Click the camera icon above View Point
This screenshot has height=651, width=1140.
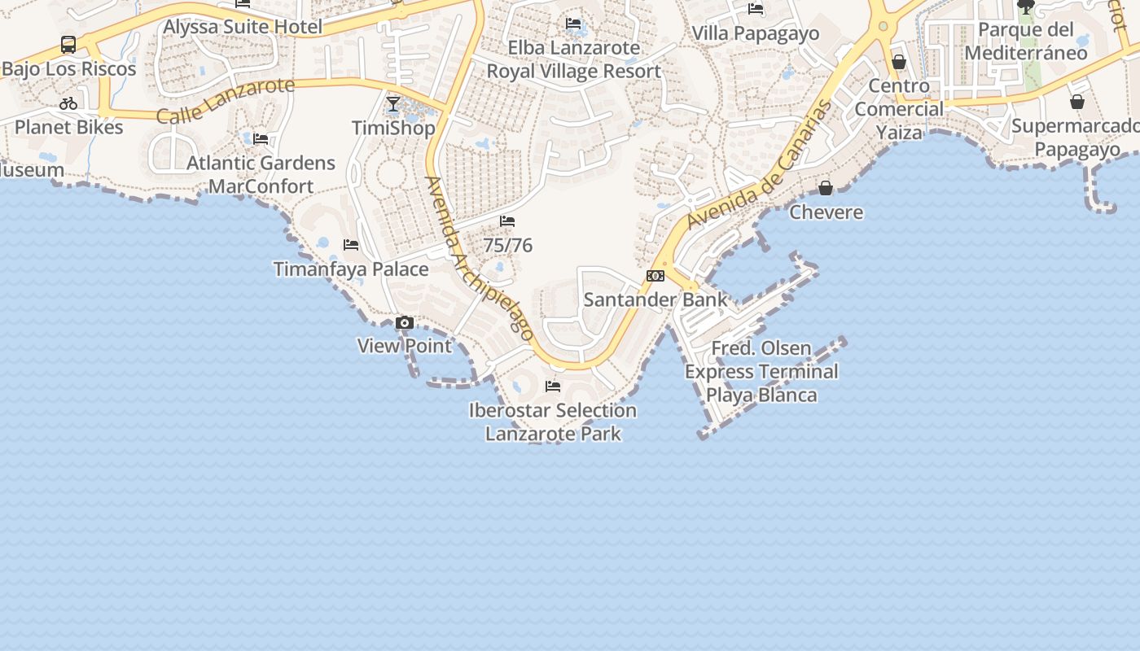pyautogui.click(x=404, y=323)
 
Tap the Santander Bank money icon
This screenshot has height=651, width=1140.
pyautogui.click(x=655, y=276)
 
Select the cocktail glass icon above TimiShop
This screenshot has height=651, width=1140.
pyautogui.click(x=393, y=104)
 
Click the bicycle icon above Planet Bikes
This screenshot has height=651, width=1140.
pyautogui.click(x=68, y=103)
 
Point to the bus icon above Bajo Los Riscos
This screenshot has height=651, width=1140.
pyautogui.click(x=68, y=45)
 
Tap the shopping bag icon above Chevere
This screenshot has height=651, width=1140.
pyautogui.click(x=826, y=189)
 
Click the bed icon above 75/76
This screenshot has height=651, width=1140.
pyautogui.click(x=507, y=221)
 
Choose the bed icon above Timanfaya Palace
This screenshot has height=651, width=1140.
pyautogui.click(x=351, y=245)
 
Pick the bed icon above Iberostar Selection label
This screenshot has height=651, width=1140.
pyautogui.click(x=553, y=387)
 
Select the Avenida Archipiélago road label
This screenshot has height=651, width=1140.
pyautogui.click(x=480, y=258)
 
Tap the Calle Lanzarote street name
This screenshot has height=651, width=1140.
pyautogui.click(x=225, y=100)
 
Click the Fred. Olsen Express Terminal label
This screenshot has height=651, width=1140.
pyautogui.click(x=761, y=372)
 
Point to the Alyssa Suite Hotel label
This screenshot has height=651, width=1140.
pyautogui.click(x=243, y=27)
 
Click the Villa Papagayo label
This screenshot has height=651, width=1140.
pyautogui.click(x=755, y=33)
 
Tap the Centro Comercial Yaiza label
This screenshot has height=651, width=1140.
pyautogui.click(x=899, y=109)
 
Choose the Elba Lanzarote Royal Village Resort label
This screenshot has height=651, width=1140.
pyautogui.click(x=574, y=59)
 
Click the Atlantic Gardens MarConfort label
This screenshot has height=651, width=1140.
pyautogui.click(x=261, y=174)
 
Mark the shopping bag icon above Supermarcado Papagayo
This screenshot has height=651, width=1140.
pyautogui.click(x=1077, y=102)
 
